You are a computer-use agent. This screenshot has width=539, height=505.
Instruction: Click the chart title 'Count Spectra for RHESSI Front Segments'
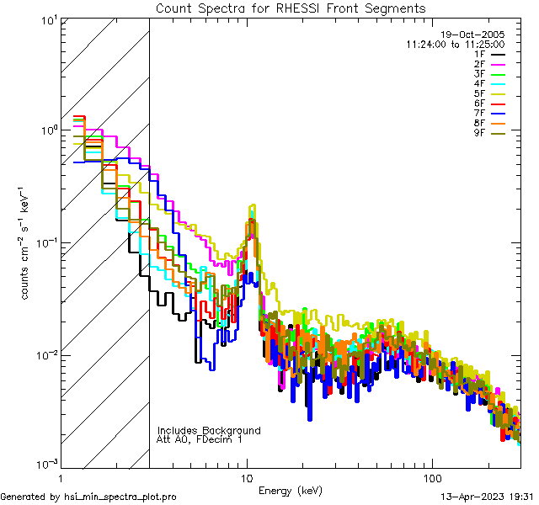(x=291, y=8)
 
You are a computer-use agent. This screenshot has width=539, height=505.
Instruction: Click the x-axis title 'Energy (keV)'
(x=290, y=490)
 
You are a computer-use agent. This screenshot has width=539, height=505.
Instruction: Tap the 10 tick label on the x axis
(x=247, y=477)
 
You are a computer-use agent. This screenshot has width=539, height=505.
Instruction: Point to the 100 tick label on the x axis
(x=431, y=477)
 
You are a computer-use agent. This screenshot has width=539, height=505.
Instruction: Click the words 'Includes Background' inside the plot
(x=209, y=430)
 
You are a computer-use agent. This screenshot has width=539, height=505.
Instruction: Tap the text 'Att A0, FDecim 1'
(x=200, y=439)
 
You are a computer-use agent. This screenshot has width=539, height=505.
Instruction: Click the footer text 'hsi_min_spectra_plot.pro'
(x=120, y=497)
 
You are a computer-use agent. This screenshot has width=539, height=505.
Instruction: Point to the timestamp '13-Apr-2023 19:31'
(x=485, y=497)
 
